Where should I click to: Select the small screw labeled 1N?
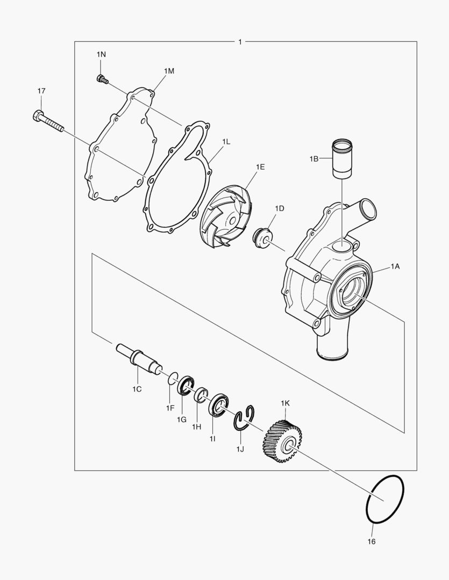click(x=102, y=79)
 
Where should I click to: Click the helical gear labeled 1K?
click(x=282, y=441)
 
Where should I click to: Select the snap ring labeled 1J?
click(x=245, y=417)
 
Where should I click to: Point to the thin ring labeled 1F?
click(x=173, y=378)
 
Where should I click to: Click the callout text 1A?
click(x=395, y=266)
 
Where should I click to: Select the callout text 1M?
click(x=169, y=71)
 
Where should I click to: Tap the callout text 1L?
click(x=226, y=141)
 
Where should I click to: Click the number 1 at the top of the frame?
click(x=239, y=41)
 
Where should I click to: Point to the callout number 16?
click(x=371, y=541)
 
